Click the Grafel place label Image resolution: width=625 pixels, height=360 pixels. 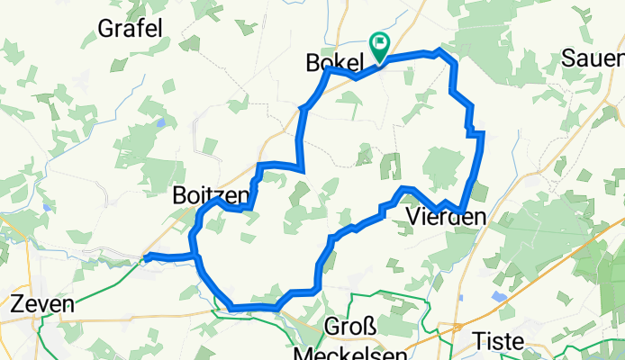pos(132,28)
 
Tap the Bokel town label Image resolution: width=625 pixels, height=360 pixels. pos(333,62)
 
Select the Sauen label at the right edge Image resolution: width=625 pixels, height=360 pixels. pos(593,58)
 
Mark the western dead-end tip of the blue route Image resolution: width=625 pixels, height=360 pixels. pos(146,256)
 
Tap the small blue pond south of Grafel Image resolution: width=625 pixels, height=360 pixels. pos(159,122)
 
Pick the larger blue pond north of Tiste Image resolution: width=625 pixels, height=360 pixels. pos(496,295)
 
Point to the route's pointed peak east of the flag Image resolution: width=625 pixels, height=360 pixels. pos(439,51)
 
